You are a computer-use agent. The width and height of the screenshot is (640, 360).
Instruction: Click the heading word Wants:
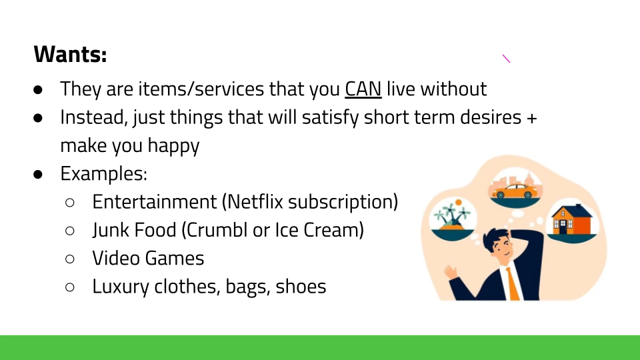(70, 54)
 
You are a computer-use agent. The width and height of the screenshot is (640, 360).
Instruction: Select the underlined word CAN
(363, 89)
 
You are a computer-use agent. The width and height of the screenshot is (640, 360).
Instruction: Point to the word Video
(116, 258)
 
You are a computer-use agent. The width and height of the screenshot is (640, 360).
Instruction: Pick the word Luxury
(121, 287)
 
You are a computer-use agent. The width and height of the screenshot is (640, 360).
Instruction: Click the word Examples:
(104, 174)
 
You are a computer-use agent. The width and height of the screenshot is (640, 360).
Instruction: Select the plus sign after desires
(531, 118)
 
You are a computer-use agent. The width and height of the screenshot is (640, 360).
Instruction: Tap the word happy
(173, 146)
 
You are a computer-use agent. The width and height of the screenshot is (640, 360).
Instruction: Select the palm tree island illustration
(452, 215)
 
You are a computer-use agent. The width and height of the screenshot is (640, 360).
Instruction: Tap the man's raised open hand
(451, 271)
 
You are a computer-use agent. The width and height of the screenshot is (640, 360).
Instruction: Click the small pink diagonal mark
(506, 59)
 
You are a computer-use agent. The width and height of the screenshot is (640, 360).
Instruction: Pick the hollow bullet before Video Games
(70, 259)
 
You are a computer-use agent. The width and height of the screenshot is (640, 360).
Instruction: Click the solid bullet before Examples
(38, 174)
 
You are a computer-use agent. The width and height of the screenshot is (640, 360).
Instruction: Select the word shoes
(301, 286)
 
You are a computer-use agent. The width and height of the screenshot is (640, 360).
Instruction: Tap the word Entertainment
(155, 201)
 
